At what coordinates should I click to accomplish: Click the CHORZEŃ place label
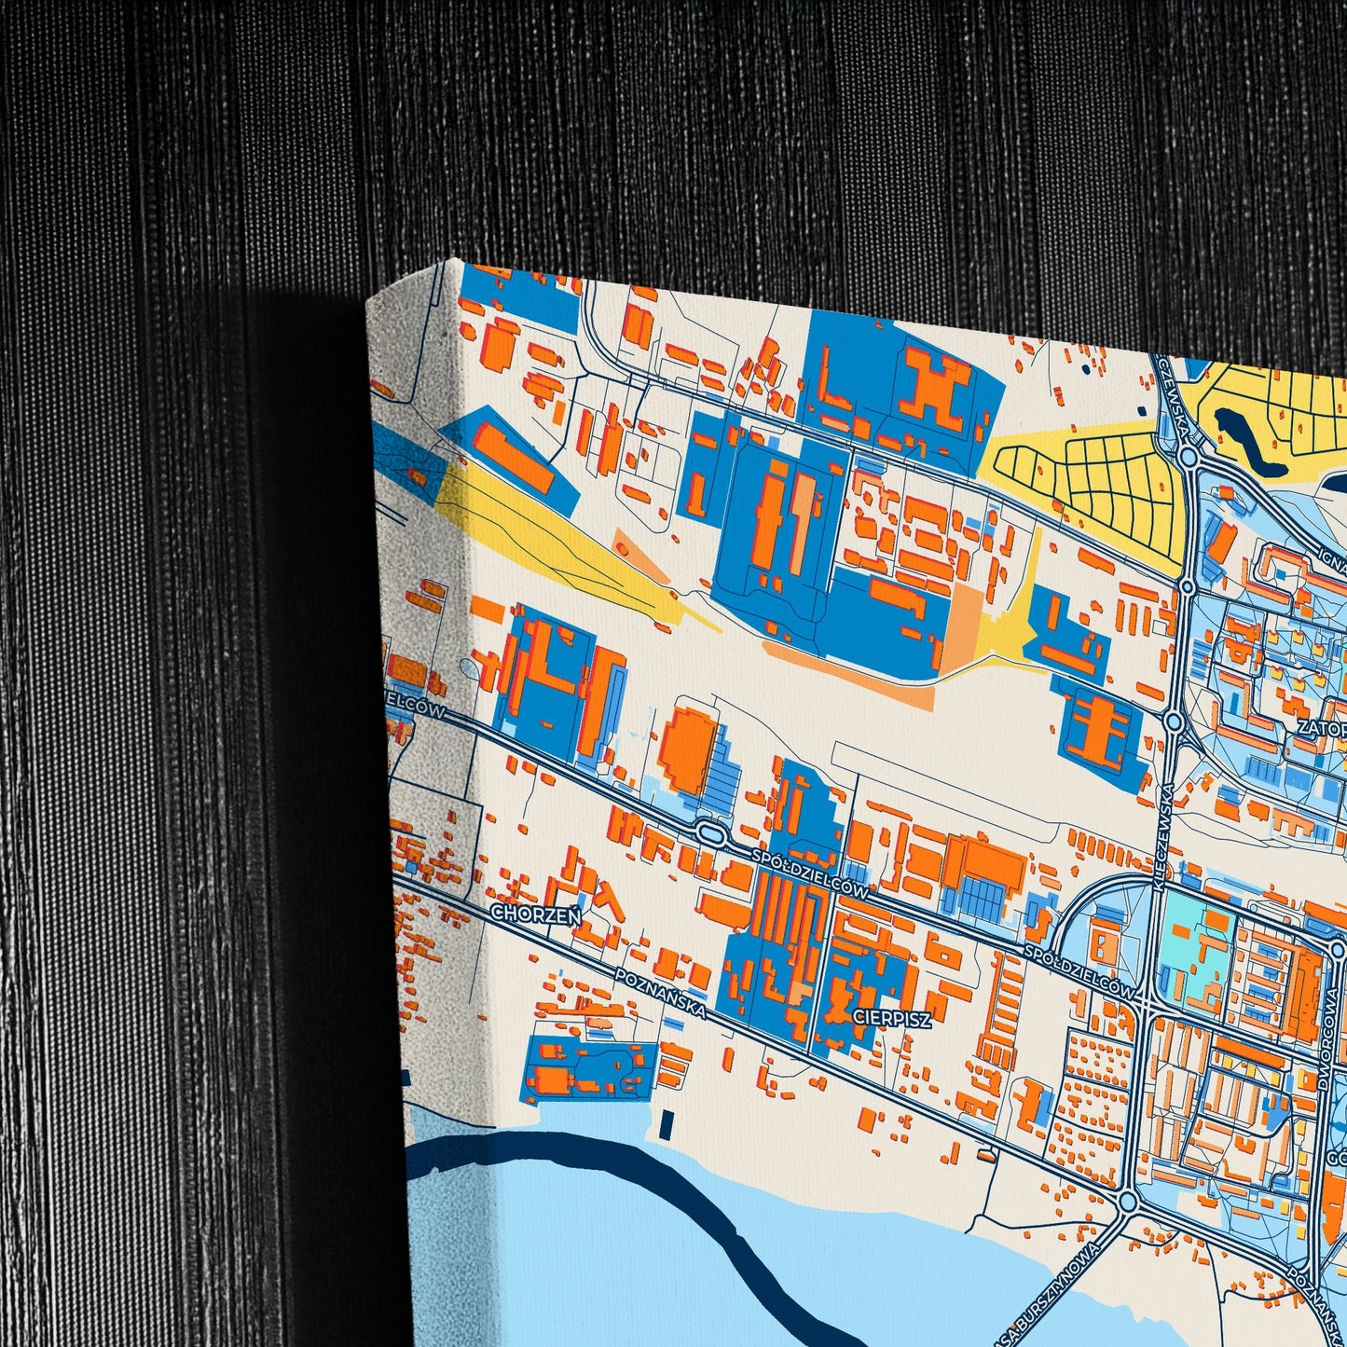pos(535,914)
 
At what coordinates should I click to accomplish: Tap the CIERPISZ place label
pos(891,1019)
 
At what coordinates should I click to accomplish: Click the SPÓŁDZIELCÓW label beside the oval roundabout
pos(810,872)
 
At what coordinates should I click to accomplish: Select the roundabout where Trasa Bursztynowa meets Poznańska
pos(1127,1202)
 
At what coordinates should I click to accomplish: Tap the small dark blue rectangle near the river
pos(665,1124)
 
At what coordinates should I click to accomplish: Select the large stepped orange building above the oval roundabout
pos(689,751)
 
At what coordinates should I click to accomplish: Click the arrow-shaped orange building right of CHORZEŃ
pos(606,900)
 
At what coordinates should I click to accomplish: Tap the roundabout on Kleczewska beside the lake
pos(1188,457)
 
